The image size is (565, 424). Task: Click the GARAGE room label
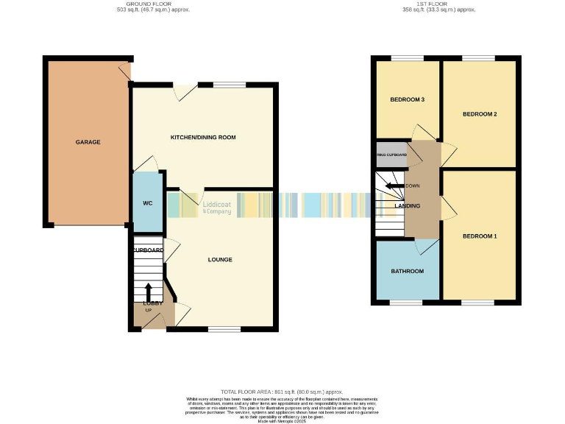click(88, 142)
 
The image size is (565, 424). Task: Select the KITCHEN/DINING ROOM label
click(203, 138)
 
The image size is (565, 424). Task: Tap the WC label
click(146, 202)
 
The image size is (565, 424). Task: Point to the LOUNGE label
click(220, 259)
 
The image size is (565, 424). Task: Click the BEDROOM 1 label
click(480, 236)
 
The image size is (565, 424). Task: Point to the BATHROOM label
click(407, 271)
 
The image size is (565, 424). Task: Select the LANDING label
click(407, 205)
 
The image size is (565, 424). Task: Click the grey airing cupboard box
click(391, 154)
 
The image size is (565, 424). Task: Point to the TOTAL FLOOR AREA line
click(282, 392)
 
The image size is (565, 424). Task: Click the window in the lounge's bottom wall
click(224, 328)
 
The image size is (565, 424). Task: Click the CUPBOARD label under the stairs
click(148, 250)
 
